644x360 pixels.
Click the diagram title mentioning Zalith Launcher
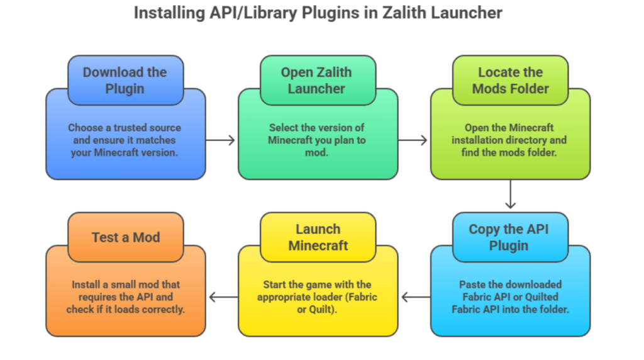point(318,13)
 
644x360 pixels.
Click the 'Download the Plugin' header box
point(125,80)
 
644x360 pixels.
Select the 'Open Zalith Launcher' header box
point(317,80)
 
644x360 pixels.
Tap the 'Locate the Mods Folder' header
point(510,80)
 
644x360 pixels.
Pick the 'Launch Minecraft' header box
point(318,237)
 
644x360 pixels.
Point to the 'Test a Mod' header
point(125,237)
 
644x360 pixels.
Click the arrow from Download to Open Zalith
point(221,140)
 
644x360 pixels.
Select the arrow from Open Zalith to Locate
point(414,140)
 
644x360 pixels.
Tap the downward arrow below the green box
point(510,195)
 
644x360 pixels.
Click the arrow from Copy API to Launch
point(414,296)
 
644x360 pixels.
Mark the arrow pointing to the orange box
point(221,296)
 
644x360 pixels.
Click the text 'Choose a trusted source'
point(125,128)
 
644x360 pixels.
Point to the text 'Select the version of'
point(317,128)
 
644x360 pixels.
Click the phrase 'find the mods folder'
point(510,152)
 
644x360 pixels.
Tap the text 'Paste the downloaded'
point(510,284)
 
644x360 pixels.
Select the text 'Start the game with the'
point(317,284)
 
